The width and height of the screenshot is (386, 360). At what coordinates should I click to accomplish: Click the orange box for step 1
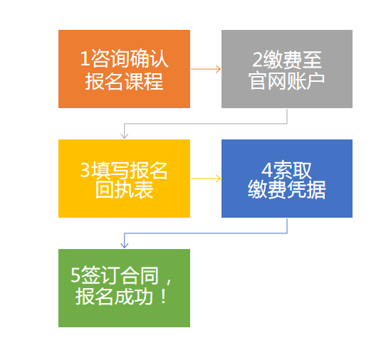coord(124,69)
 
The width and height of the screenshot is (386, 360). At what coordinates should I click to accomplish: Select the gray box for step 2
coord(287,69)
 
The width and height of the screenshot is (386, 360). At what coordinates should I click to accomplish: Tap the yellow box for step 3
coord(124,179)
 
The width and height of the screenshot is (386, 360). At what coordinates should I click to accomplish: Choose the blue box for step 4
coord(287,179)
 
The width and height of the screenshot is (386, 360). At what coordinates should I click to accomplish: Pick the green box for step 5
coord(124,288)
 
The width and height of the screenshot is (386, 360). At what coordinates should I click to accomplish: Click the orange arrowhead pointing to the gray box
coord(219,69)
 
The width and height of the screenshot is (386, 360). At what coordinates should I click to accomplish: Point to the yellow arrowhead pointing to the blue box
coord(219,179)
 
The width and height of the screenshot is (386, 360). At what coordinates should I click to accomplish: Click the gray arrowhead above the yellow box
coord(125,136)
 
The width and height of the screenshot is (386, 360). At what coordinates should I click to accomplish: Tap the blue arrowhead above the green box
coord(125,245)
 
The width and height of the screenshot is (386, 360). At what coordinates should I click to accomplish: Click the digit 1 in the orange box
coord(85,58)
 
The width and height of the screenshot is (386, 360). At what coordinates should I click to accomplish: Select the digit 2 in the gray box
coord(258,60)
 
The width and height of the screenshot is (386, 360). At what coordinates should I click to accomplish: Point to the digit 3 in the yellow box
coord(85,169)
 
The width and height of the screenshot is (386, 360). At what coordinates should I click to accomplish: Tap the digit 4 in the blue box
coord(266,170)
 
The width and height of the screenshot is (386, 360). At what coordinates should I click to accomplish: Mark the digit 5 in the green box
coord(75,275)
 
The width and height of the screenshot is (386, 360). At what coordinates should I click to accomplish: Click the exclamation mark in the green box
coord(163,297)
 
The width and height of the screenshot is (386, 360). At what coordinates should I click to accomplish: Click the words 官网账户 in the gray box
coord(287,80)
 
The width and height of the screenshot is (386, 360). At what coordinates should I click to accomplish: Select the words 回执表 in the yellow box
coord(125,189)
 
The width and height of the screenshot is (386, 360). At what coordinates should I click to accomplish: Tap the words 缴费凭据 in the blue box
coord(287,189)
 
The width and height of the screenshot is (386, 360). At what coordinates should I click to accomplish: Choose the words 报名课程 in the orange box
coord(124,81)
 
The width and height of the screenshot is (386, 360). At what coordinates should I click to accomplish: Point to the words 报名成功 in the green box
coord(114,297)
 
